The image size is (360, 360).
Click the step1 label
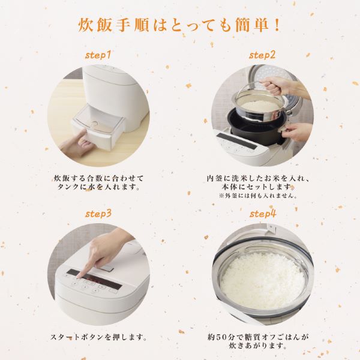point(98,55)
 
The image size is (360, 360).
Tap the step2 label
point(262,55)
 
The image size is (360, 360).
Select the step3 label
point(98,214)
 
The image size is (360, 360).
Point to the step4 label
point(263,214)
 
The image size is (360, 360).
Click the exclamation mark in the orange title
point(277,25)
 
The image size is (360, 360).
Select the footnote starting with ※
point(258,196)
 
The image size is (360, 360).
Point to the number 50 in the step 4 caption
point(227,337)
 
